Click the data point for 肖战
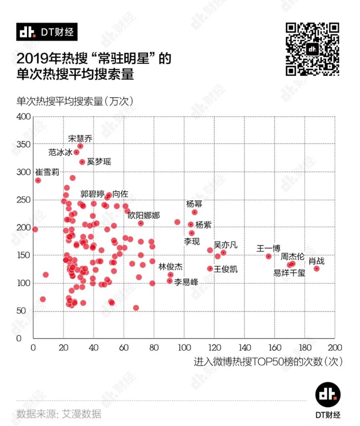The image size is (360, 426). point(316,269)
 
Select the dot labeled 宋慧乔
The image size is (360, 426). point(80,146)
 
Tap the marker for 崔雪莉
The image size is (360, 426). point(38,181)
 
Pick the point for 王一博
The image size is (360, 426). point(269,256)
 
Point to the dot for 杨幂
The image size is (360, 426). point(195,212)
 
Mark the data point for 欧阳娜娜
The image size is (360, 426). point(141,223)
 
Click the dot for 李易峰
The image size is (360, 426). point(170,281)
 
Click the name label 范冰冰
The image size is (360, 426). point(60,153)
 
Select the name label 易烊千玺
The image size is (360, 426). point(289,273)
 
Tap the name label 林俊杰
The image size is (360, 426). point(170,267)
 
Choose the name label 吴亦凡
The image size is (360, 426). point(225,245)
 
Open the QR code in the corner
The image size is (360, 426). point(312,49)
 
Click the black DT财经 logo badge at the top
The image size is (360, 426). point(47,32)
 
